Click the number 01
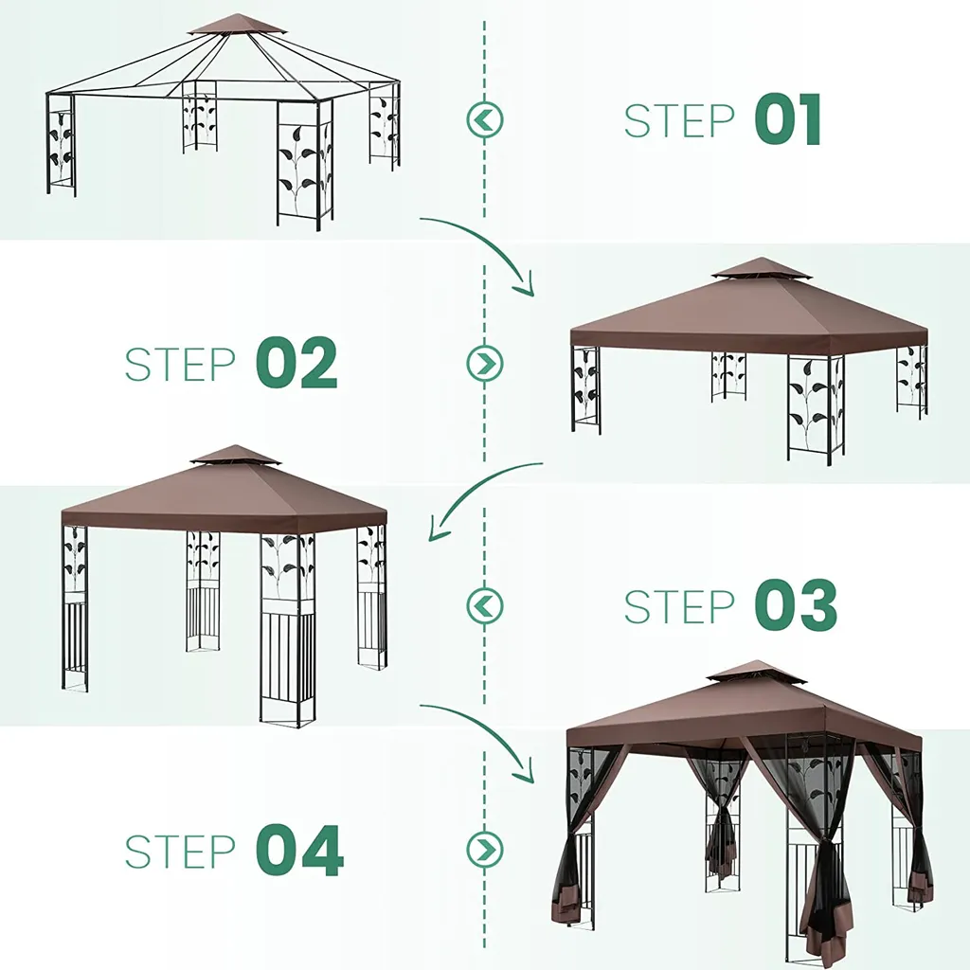788,119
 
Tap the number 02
296,363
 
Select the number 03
796,605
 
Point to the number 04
299,851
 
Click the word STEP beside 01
678,120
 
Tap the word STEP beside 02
180,365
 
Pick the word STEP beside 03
678,607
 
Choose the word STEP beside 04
180,852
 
